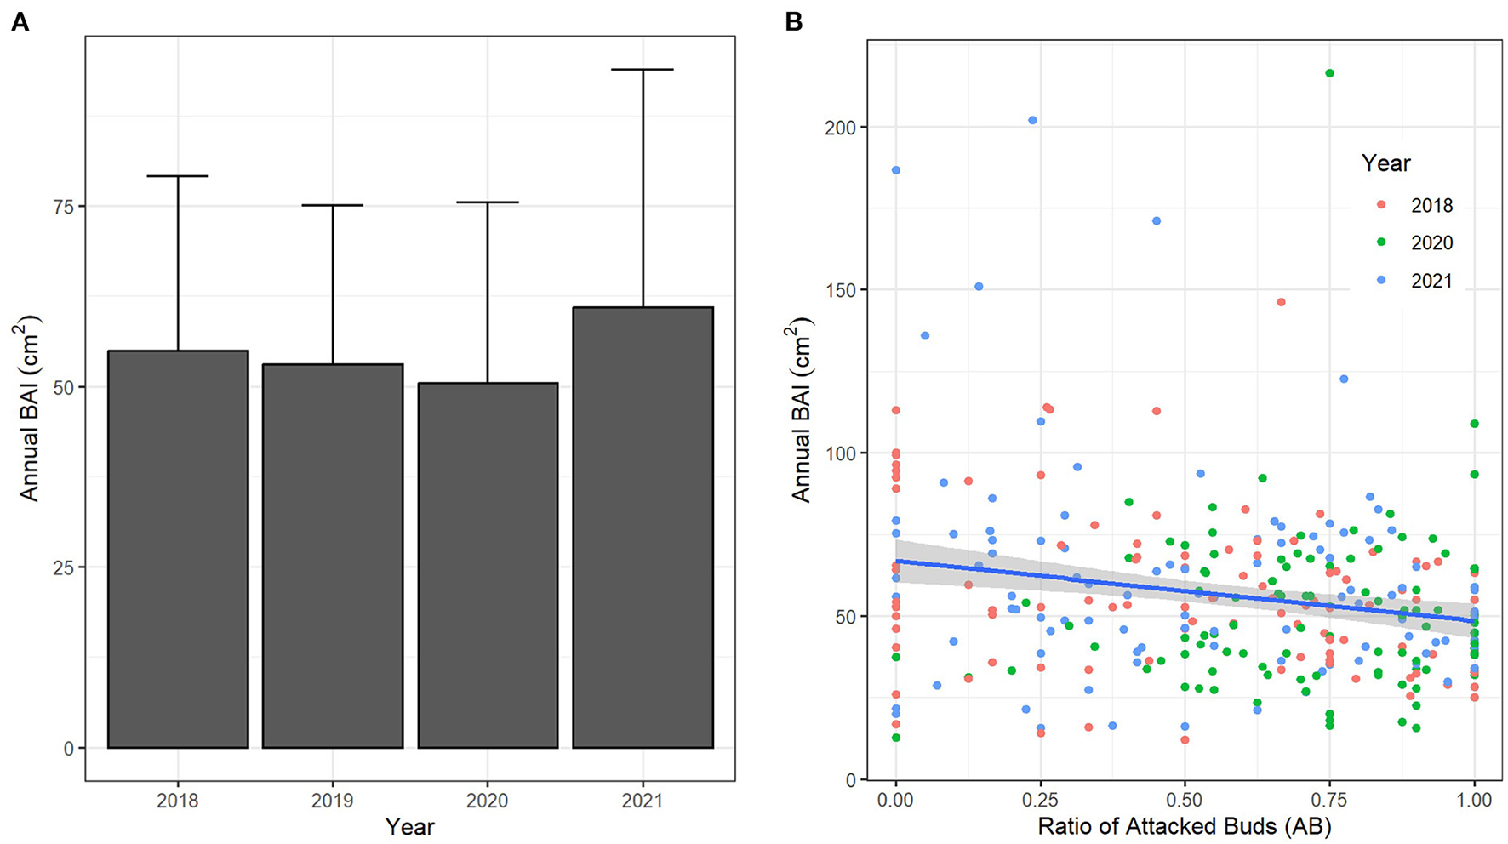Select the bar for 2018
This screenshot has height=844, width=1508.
(178, 549)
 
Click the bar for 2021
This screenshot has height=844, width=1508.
(643, 527)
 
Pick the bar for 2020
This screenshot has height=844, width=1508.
(488, 565)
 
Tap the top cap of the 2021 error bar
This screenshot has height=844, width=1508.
(643, 70)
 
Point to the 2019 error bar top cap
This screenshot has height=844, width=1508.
(333, 205)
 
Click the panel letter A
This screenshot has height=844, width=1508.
(20, 22)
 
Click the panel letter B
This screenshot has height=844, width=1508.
(793, 22)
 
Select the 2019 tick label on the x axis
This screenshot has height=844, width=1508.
(333, 801)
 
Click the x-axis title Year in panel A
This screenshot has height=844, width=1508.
(409, 826)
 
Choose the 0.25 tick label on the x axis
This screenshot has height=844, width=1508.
(1040, 801)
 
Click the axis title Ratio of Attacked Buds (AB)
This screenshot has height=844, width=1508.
(1184, 826)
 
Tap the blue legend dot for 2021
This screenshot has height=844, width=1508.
(1381, 281)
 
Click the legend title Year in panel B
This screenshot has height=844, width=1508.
(1385, 163)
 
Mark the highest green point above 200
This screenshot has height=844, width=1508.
(1329, 73)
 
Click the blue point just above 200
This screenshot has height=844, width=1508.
(1032, 120)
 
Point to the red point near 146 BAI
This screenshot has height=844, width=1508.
(1281, 302)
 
